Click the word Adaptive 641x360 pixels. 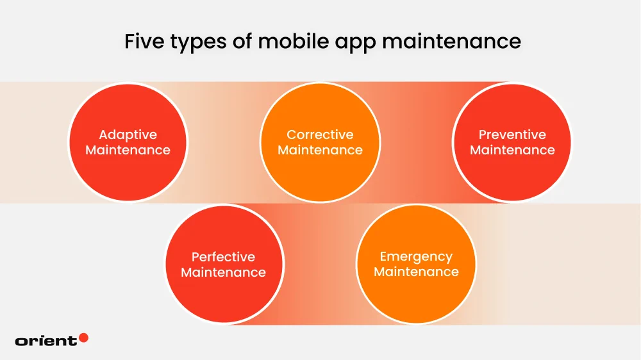(128, 135)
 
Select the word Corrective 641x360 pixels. (320, 135)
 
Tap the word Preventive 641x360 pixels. (512, 135)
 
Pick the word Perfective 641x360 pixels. (223, 257)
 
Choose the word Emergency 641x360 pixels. (416, 257)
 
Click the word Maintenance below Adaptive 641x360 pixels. (128, 151)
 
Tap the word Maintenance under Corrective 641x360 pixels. (320, 151)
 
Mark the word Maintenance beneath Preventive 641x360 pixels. (512, 151)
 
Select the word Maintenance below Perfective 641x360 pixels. (223, 273)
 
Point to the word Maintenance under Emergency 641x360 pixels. (416, 272)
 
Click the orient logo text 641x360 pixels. (46, 341)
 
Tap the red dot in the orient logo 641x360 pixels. (83, 338)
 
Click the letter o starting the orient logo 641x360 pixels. (21, 341)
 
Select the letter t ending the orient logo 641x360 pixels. (74, 341)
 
